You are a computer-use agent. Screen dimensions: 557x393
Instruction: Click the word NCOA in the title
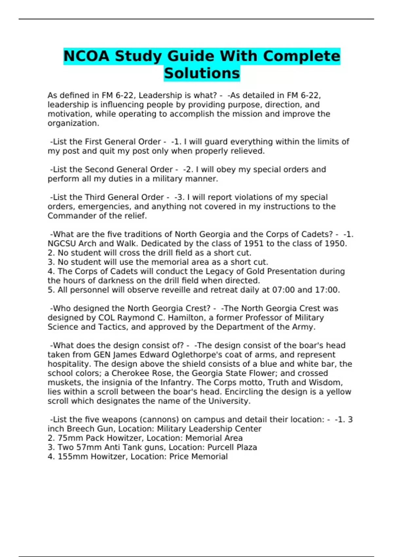pos(86,56)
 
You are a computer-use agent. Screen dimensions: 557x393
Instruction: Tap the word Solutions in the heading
pos(202,73)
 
